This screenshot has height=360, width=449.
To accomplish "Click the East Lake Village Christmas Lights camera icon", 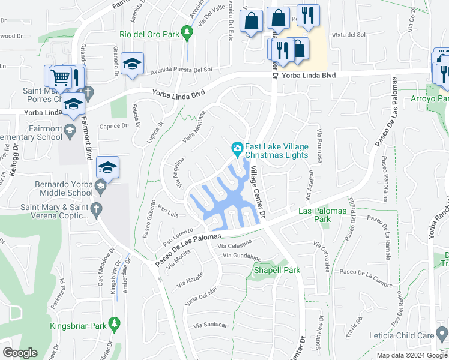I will tap(238, 148).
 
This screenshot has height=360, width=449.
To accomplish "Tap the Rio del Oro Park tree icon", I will tap(187, 35).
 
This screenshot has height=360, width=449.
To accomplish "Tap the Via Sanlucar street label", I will tap(210, 325).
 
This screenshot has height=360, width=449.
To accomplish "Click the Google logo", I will tap(20, 353).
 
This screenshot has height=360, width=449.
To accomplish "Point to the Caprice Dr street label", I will tap(114, 126).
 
